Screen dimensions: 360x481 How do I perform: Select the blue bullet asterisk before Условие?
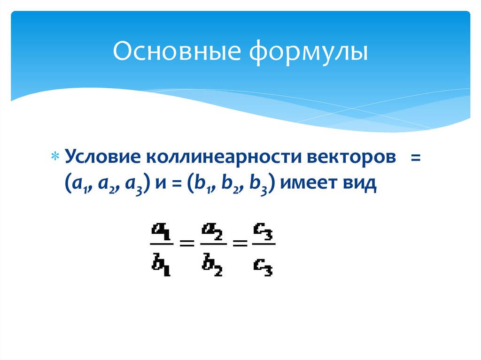56,157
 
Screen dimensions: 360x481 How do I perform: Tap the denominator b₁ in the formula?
161,266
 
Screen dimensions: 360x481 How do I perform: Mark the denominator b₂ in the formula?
213,266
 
